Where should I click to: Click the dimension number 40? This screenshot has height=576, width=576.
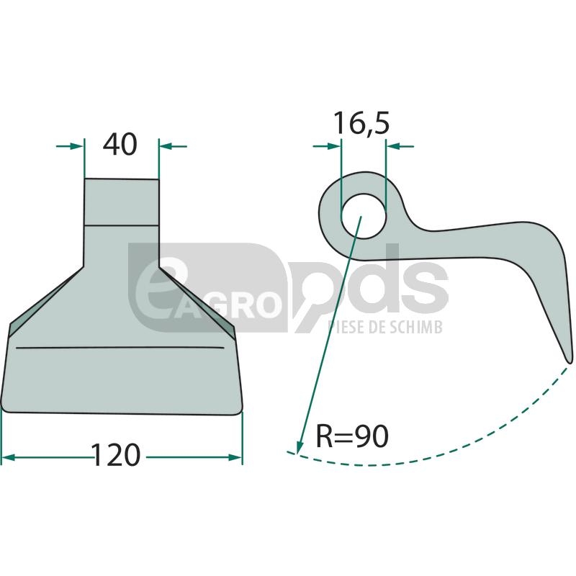(x=120, y=145)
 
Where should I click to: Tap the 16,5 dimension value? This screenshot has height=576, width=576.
(x=361, y=123)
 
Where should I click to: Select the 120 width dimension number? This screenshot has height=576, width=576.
(x=116, y=455)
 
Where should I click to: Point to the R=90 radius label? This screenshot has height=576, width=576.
(x=352, y=436)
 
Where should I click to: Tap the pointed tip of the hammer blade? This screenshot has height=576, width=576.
(x=569, y=363)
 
